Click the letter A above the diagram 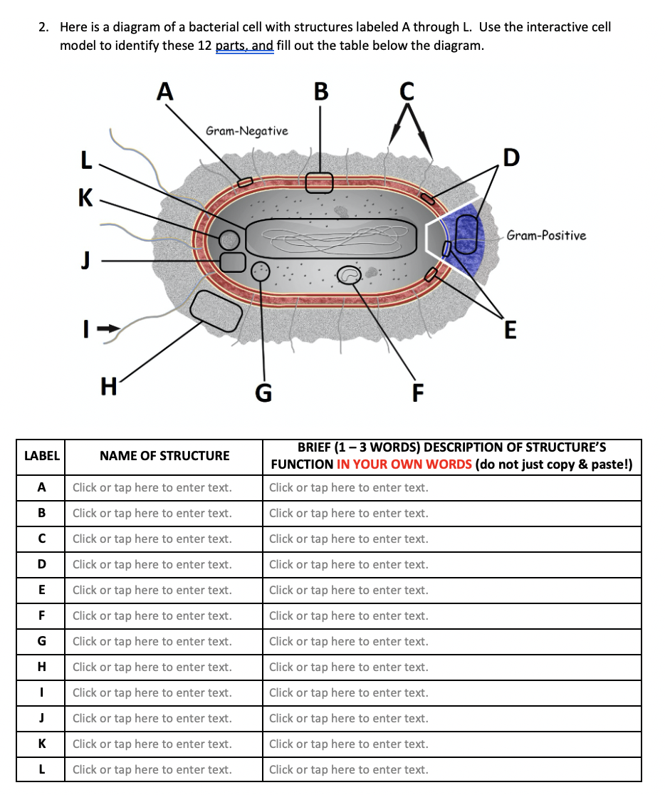[164, 91]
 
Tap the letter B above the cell [321, 91]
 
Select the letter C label [407, 91]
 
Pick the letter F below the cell [418, 391]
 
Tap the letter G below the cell [263, 393]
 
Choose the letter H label [109, 386]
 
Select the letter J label [86, 261]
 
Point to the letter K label [85, 197]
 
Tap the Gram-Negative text [246, 131]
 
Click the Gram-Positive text [546, 235]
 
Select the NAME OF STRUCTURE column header [164, 456]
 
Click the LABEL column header [42, 456]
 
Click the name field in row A [152, 488]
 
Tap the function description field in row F [349, 616]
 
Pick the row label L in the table [42, 769]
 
